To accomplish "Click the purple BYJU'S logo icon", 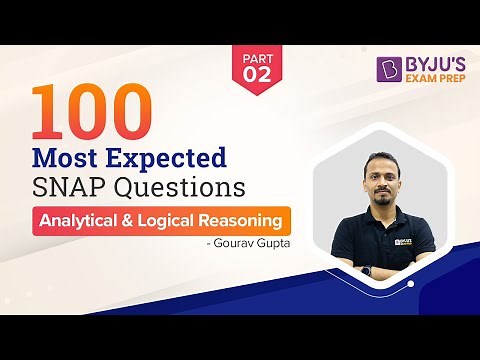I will [x=388, y=69].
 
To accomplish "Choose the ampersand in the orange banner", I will [x=135, y=220].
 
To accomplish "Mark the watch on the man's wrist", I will [x=367, y=270].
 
